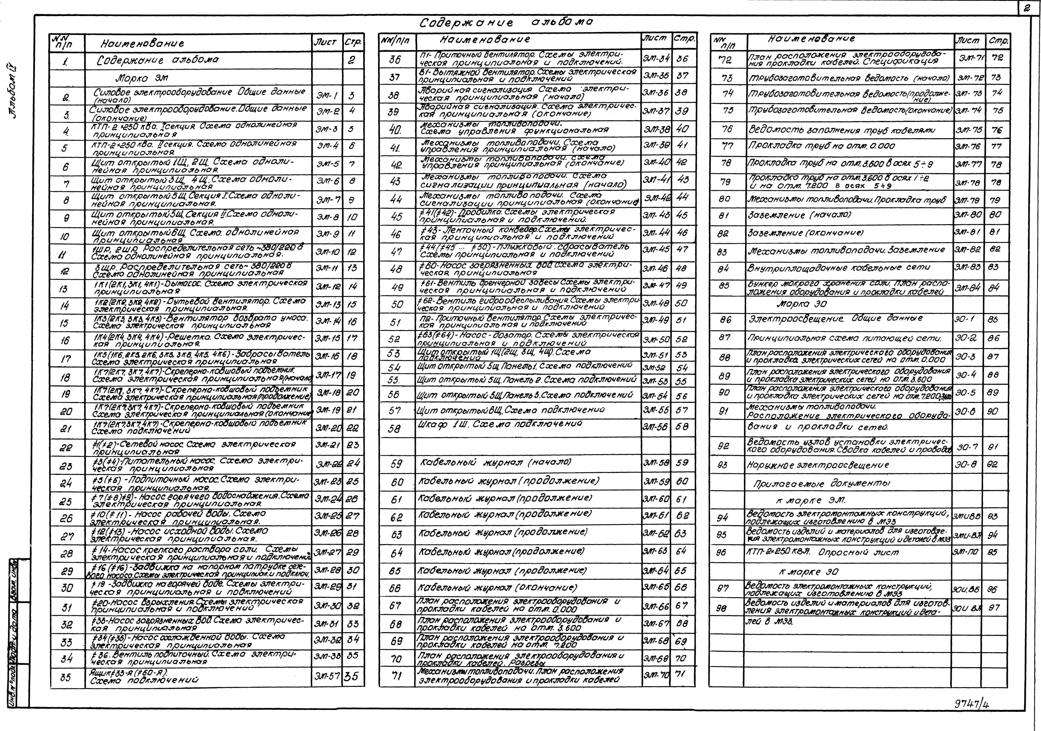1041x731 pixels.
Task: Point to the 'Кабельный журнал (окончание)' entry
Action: [x=497, y=588]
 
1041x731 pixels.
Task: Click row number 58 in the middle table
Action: [x=395, y=428]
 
